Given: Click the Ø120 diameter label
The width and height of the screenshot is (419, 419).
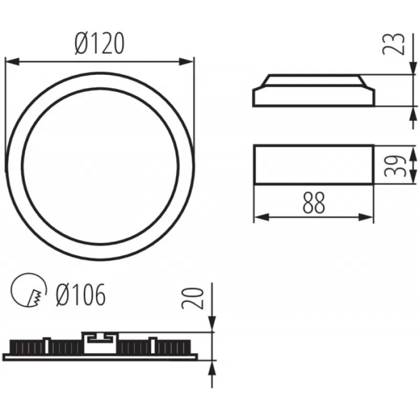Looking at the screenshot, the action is click(x=100, y=43).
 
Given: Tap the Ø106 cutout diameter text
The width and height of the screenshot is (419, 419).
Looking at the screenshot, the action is click(x=81, y=295).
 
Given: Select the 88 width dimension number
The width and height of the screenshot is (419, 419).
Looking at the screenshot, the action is click(x=314, y=202).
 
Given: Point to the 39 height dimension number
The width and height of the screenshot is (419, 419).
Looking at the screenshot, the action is click(x=395, y=166).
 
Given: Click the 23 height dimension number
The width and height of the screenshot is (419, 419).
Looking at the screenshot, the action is click(x=393, y=44).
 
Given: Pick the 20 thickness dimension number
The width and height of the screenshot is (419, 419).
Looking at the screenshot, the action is click(x=192, y=299).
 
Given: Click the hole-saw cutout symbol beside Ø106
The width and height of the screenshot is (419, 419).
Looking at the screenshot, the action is click(x=29, y=290).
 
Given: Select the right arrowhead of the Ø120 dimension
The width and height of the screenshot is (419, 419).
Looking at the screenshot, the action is click(x=186, y=62).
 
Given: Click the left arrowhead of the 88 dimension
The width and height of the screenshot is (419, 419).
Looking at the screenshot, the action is click(x=261, y=217).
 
